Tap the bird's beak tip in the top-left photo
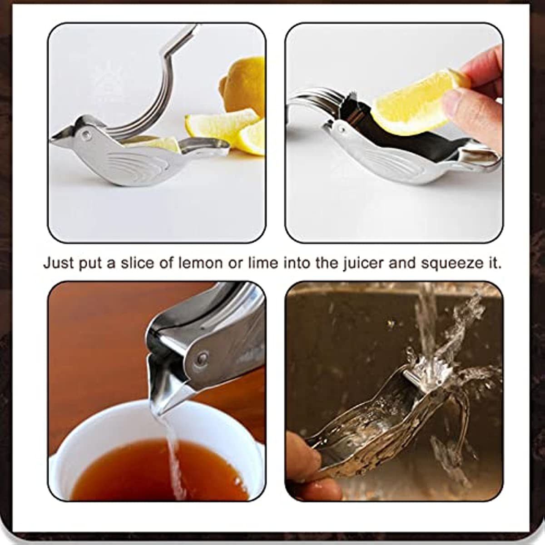coord(53,138)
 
